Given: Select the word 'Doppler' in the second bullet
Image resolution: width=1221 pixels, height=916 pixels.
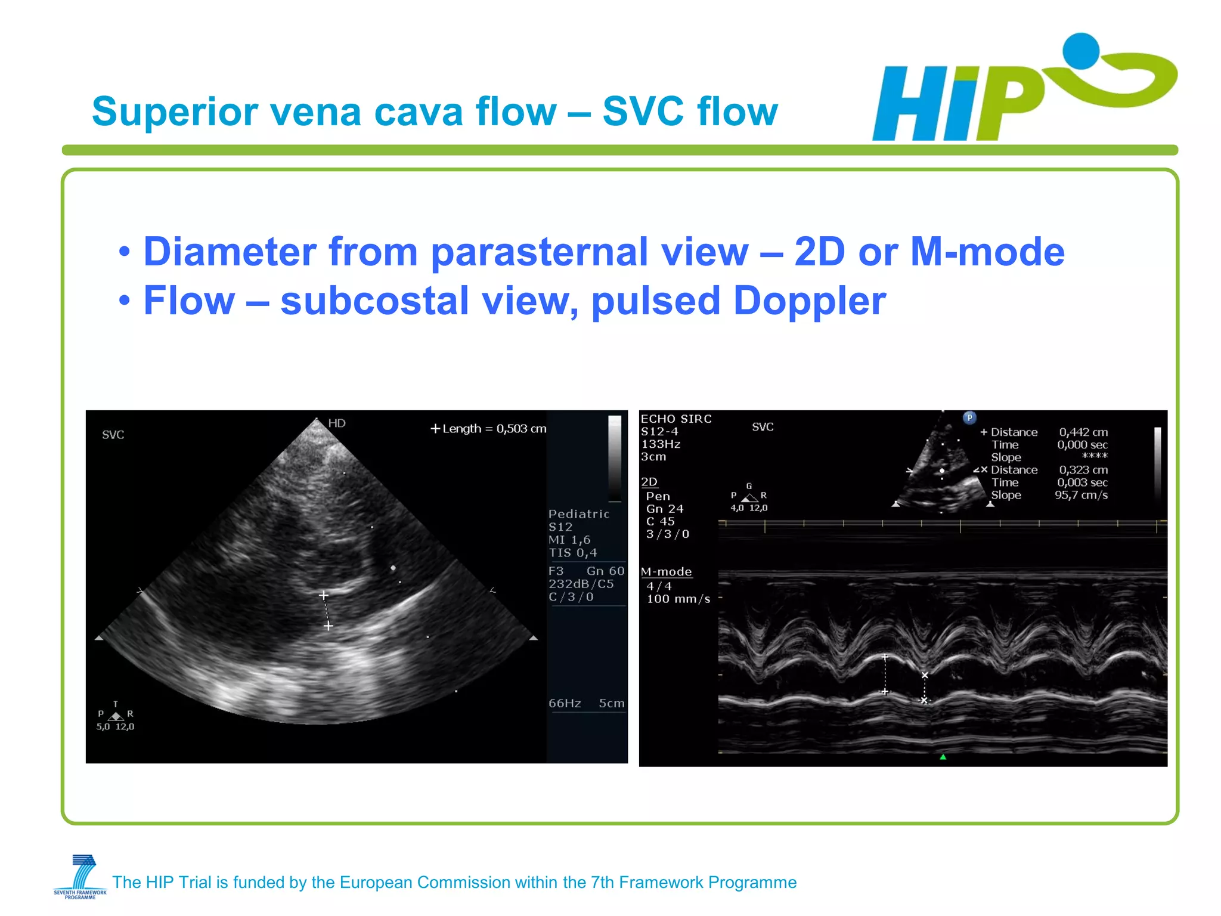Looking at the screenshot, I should click(x=809, y=301).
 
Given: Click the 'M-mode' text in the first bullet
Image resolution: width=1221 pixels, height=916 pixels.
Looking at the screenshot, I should click(x=987, y=252).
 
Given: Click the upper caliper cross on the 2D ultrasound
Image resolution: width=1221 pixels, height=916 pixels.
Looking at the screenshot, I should click(x=323, y=595).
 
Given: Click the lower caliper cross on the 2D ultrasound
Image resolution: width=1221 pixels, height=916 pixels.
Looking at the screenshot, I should click(x=328, y=626).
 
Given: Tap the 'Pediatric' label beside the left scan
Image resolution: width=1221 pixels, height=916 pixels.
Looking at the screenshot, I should click(x=578, y=514).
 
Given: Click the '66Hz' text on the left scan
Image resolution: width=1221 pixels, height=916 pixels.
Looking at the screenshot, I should click(x=565, y=703).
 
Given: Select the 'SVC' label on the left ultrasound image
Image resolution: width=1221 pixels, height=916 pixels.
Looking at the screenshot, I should click(x=113, y=435).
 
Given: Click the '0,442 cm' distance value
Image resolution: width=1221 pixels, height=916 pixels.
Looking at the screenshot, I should click(x=1083, y=432).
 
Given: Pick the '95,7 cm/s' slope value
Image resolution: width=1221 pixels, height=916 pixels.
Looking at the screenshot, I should click(x=1081, y=495).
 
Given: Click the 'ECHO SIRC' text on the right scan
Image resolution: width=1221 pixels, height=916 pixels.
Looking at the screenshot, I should click(x=676, y=419).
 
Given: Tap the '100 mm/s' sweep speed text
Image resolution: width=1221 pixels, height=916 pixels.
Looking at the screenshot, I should click(x=678, y=599).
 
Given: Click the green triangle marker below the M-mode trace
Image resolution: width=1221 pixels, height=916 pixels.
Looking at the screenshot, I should click(x=943, y=757).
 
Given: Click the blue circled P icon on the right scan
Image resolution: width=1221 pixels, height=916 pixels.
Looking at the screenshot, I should click(x=969, y=417).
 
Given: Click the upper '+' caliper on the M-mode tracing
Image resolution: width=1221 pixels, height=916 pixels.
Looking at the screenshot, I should click(x=885, y=657).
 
